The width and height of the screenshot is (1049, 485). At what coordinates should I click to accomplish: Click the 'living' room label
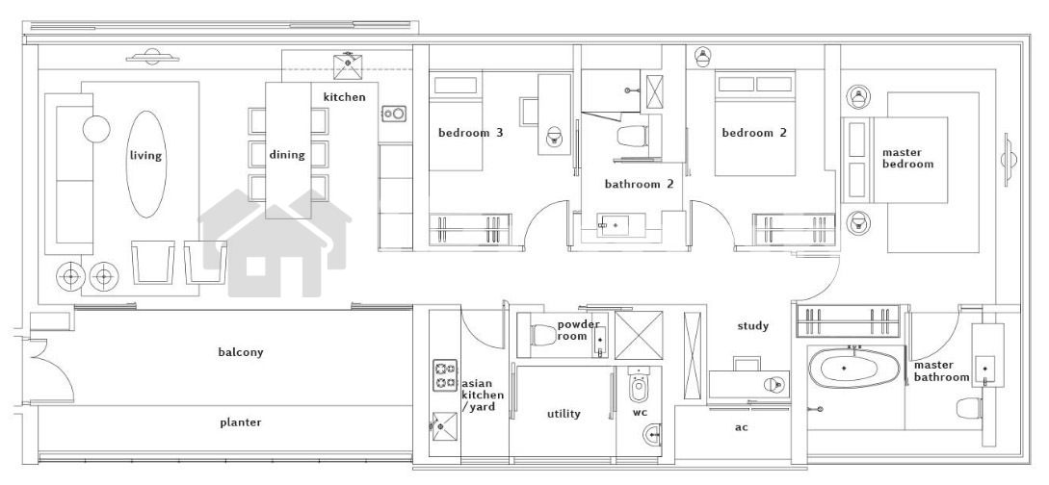tap(145, 156)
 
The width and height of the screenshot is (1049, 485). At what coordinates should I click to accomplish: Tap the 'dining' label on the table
tap(287, 155)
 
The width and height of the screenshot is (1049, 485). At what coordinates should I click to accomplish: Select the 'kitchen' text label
tap(345, 97)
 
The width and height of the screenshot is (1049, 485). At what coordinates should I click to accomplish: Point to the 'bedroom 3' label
tap(470, 132)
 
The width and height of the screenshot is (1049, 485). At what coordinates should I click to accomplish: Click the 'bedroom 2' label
tap(754, 132)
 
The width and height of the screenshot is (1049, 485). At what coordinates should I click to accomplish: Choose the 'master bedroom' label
tap(907, 159)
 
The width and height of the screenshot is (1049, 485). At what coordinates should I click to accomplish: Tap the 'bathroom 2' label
tap(639, 185)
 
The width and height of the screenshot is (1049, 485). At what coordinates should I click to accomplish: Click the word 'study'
tap(752, 326)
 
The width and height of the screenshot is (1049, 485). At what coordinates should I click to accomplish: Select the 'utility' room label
tap(564, 414)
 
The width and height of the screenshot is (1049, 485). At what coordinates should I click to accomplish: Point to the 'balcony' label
tap(241, 352)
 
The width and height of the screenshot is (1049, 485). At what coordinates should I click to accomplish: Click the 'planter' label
tap(241, 422)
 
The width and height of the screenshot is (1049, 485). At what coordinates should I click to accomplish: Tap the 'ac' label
tap(742, 427)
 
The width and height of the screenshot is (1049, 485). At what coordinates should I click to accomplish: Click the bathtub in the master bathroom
tap(843, 369)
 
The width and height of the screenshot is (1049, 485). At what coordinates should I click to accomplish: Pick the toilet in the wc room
tap(639, 386)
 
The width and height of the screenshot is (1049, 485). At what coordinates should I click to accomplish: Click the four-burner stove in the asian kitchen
tap(445, 375)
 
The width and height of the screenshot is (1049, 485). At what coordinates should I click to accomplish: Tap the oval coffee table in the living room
tap(146, 165)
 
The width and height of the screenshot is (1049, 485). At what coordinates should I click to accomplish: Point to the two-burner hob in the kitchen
tap(393, 114)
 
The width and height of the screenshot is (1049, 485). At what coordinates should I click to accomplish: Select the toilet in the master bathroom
tap(970, 408)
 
